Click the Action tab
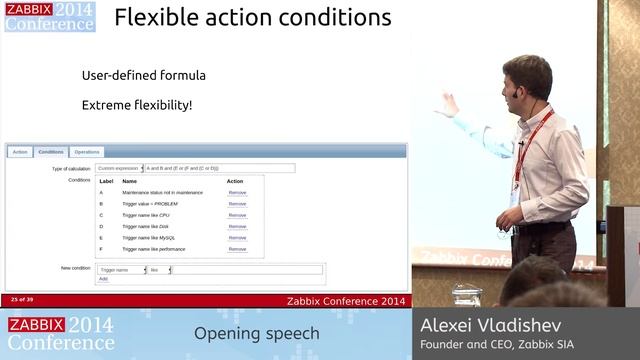click(19, 152)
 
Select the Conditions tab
click(51, 152)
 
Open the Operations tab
click(87, 152)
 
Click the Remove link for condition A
click(237, 192)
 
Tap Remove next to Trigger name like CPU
click(237, 215)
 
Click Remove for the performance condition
click(237, 248)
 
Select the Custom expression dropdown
click(120, 168)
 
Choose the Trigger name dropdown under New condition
click(122, 270)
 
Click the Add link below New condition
click(103, 279)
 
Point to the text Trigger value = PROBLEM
click(150, 203)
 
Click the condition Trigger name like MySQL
click(155, 237)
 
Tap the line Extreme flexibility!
click(137, 105)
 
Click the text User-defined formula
click(144, 75)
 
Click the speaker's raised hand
click(449, 103)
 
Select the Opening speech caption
click(256, 333)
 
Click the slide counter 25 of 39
click(22, 299)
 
